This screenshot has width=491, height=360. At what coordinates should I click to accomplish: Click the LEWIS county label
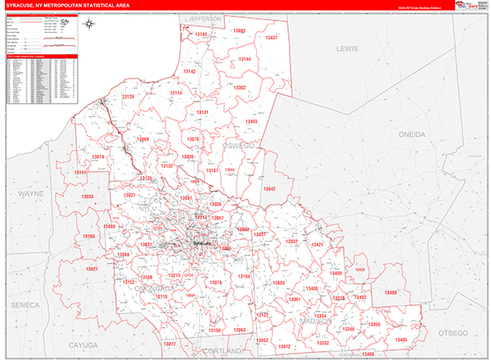pyautogui.click(x=347, y=49)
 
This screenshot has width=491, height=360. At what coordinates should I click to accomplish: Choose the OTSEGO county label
pyautogui.click(x=453, y=333)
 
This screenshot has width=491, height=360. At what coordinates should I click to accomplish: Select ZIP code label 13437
pyautogui.click(x=269, y=38)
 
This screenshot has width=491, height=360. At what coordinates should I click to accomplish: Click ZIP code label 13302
pyautogui.click(x=240, y=88)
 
